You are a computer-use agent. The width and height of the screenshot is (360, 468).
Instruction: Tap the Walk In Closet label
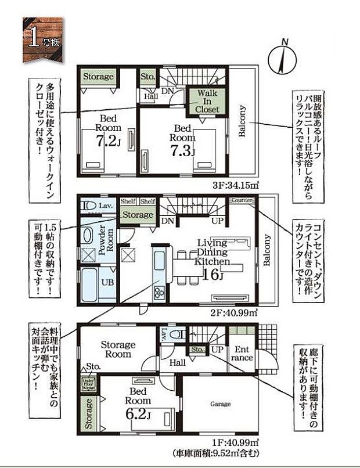207,101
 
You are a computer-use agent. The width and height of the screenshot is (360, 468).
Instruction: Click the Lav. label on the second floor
105,206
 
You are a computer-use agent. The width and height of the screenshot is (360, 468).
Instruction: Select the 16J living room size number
214,274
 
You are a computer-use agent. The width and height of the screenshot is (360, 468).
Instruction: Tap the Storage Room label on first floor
118,350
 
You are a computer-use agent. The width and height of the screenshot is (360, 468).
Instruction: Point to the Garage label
220,404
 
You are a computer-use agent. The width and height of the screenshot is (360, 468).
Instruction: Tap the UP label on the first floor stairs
218,351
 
